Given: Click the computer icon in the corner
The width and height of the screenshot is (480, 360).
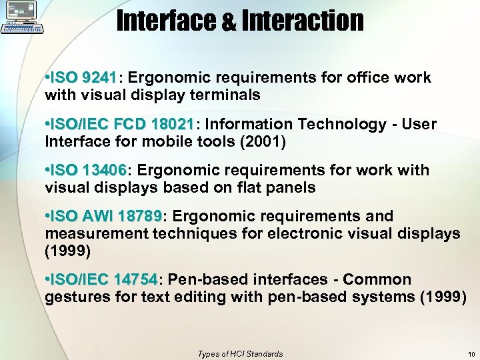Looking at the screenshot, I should click(x=22, y=17).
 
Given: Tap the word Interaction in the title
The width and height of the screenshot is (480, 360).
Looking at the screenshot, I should click(x=303, y=21).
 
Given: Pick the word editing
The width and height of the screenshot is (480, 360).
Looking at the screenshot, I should click(x=199, y=297).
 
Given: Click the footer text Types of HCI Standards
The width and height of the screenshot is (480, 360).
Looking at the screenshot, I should click(x=240, y=354).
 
